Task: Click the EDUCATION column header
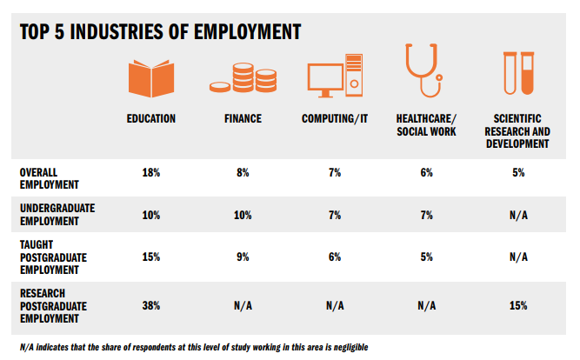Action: (151, 118)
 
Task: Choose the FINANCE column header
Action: (241, 118)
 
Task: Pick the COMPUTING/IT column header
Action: (335, 118)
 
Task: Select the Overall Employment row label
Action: (49, 178)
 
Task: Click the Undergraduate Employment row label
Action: (57, 215)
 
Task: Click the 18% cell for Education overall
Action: (151, 173)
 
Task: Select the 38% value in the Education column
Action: (151, 305)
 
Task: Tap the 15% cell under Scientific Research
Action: (517, 305)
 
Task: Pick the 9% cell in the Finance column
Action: (241, 257)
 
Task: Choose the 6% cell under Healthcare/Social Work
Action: (425, 173)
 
